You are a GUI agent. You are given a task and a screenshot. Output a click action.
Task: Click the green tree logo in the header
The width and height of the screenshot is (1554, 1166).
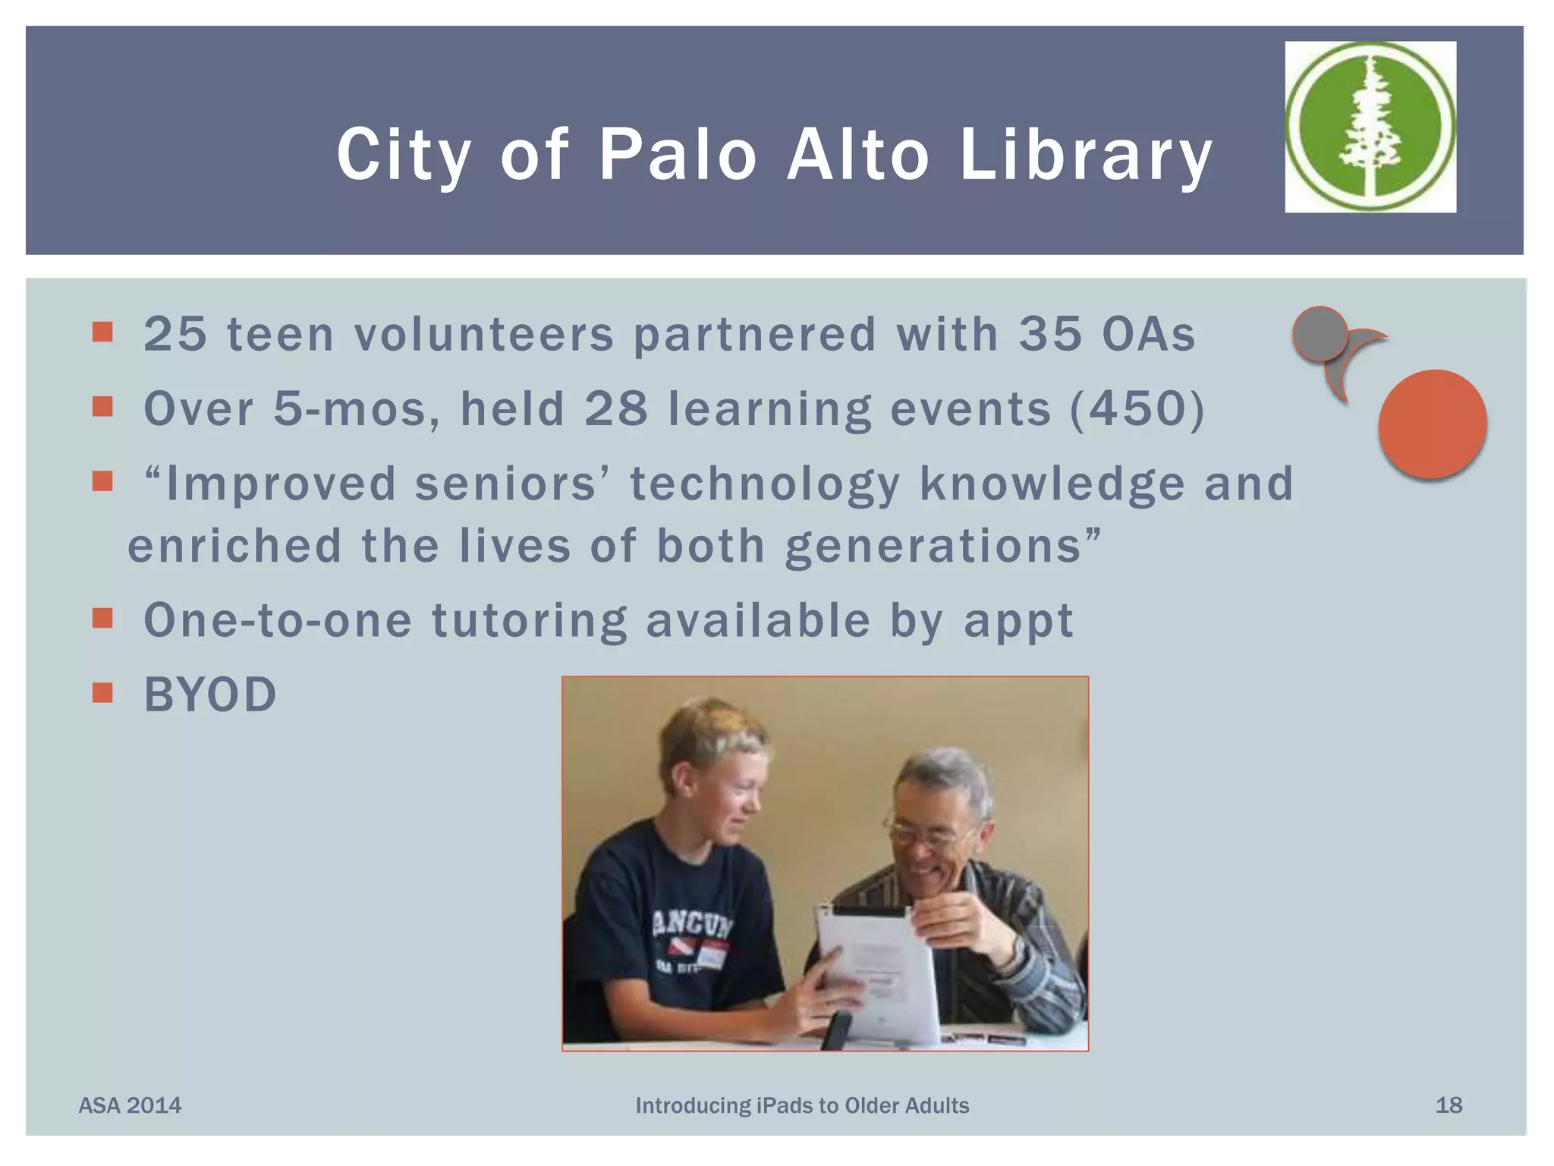coord(1370,127)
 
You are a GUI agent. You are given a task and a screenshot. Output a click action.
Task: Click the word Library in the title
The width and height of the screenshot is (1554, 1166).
coord(1086,156)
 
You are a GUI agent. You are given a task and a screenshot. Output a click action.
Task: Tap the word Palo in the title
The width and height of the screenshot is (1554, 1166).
coord(678,154)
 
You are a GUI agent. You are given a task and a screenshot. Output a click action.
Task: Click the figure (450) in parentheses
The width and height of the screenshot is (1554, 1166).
coord(1137,408)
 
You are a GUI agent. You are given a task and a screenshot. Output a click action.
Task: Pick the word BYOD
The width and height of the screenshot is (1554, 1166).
coord(210,695)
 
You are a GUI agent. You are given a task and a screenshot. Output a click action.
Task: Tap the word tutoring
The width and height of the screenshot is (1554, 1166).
coord(530,620)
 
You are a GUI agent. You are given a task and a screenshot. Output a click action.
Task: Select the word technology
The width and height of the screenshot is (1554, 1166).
coord(765,484)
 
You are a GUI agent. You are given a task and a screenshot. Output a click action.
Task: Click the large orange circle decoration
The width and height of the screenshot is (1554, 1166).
coord(1433,424)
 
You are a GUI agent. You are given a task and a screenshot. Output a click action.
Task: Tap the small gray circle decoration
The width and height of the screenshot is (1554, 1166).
coord(1320,332)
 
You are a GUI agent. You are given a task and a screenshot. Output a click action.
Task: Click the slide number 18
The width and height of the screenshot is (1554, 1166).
coord(1449,1105)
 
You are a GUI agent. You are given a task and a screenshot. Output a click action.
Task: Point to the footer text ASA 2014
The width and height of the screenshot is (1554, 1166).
coord(130,1105)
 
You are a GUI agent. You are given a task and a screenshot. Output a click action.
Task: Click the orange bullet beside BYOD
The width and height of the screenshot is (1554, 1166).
coord(102,692)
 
